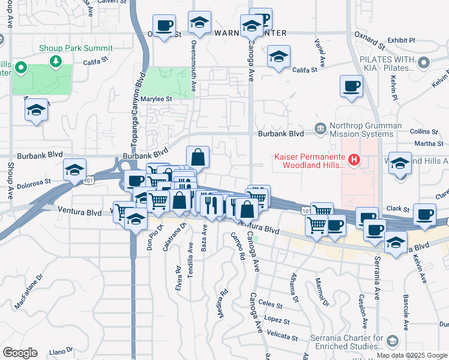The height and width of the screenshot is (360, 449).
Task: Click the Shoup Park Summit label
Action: [x=76, y=48]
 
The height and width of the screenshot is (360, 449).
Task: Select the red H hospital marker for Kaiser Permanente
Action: [x=354, y=160]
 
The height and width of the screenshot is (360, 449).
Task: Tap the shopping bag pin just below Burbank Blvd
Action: [x=198, y=158]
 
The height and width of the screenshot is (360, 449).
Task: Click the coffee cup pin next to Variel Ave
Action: [x=351, y=86]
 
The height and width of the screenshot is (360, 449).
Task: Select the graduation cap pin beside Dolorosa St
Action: [x=75, y=170]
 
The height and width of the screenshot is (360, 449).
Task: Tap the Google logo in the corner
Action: [x=20, y=353]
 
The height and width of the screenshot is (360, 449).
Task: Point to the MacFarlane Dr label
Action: [x=29, y=298]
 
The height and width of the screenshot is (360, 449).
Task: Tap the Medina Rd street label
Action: [x=221, y=305]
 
